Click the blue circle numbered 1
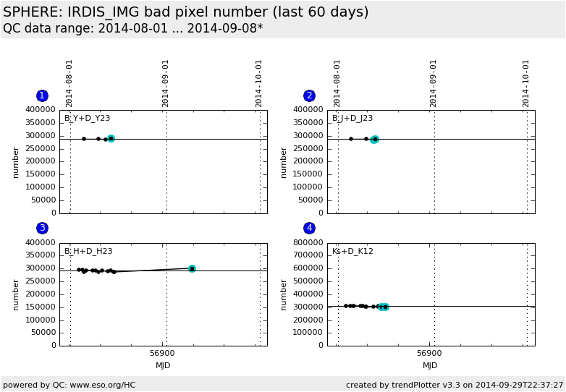[42, 96]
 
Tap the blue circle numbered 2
[309, 96]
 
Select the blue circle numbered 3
[42, 229]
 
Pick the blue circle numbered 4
[309, 229]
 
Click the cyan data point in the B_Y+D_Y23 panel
[111, 138]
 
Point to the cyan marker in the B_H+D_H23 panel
[192, 268]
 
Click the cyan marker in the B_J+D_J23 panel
[374, 139]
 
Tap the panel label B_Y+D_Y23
[87, 119]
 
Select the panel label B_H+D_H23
[88, 252]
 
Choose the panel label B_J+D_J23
[352, 119]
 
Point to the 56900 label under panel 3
[163, 353]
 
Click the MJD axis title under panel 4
[431, 366]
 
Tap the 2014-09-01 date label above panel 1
[166, 83]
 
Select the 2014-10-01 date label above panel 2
[526, 83]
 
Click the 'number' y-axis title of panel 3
[16, 294]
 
